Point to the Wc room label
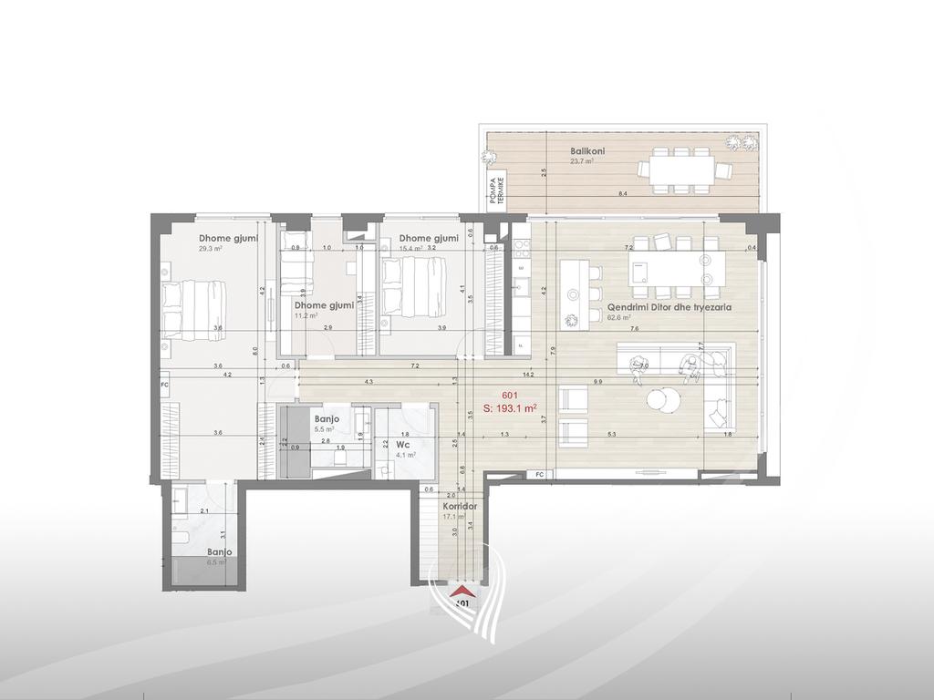(401, 446)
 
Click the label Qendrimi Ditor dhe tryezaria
(669, 308)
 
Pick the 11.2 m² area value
(306, 316)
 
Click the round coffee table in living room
(663, 400)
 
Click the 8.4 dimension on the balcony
(622, 195)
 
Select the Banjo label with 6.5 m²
(219, 552)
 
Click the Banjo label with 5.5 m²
(327, 419)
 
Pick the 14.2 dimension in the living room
(528, 374)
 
